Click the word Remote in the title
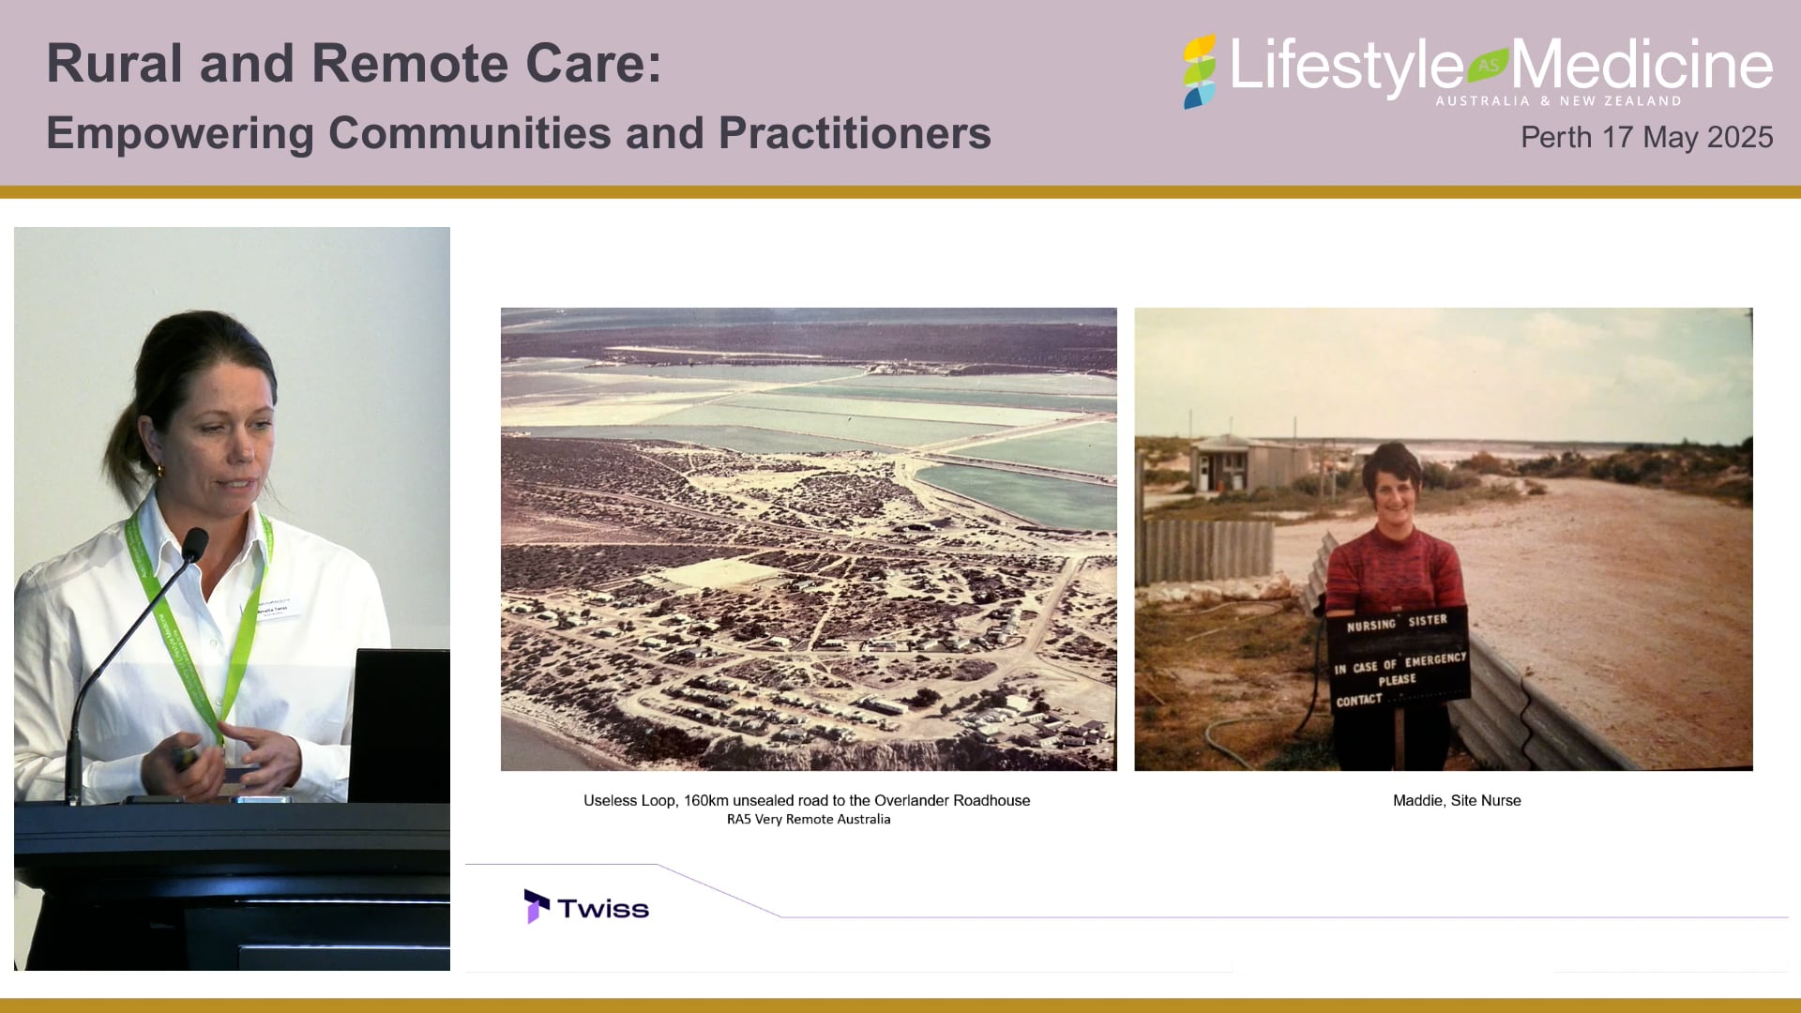coord(410,64)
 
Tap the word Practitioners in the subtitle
coord(854,133)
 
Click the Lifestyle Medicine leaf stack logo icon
coord(1199,72)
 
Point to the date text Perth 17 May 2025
coord(1645,137)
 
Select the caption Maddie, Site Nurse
coord(1456,800)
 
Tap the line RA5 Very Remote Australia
coord(808,819)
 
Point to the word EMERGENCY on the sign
coord(1434,659)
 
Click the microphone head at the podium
coord(194,543)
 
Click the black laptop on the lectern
coord(401,722)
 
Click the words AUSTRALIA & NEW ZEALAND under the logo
coord(1558,100)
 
